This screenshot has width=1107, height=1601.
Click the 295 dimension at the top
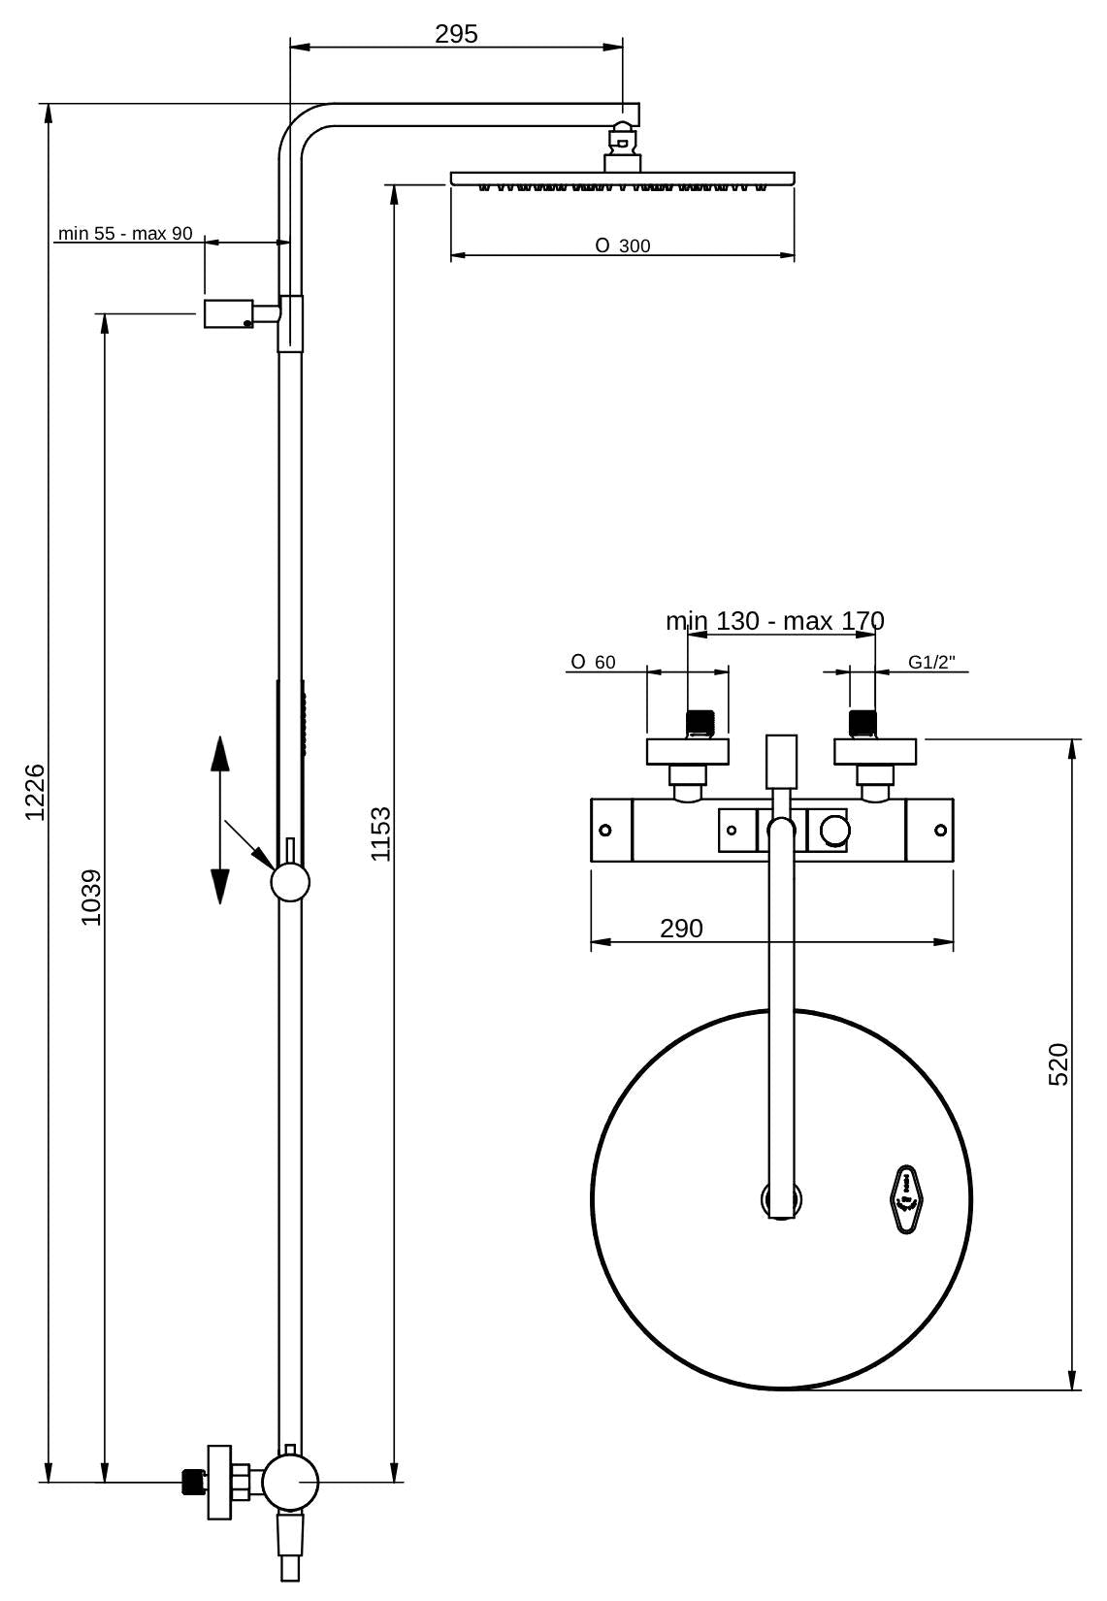pyautogui.click(x=456, y=34)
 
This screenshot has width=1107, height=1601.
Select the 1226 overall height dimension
pyautogui.click(x=35, y=792)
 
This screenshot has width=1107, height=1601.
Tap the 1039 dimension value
pyautogui.click(x=90, y=897)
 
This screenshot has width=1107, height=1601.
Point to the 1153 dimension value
pyautogui.click(x=380, y=833)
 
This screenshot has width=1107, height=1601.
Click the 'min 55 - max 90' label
pyautogui.click(x=125, y=234)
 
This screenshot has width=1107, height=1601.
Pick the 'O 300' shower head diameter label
pyautogui.click(x=623, y=246)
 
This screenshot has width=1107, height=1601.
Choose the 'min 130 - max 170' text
pyautogui.click(x=774, y=621)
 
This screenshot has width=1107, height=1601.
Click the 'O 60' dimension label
pyautogui.click(x=593, y=663)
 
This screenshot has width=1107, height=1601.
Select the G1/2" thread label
pyautogui.click(x=931, y=663)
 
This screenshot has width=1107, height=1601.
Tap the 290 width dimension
pyautogui.click(x=681, y=929)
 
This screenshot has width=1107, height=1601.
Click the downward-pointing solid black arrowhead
pyautogui.click(x=219, y=886)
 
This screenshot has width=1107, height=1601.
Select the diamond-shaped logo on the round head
pyautogui.click(x=906, y=1198)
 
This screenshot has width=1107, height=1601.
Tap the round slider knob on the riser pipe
pyautogui.click(x=290, y=883)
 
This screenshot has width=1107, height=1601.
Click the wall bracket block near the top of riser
pyautogui.click(x=229, y=314)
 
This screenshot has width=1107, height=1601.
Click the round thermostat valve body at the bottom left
pyautogui.click(x=289, y=1482)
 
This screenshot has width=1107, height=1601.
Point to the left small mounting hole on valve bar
pyautogui.click(x=605, y=830)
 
